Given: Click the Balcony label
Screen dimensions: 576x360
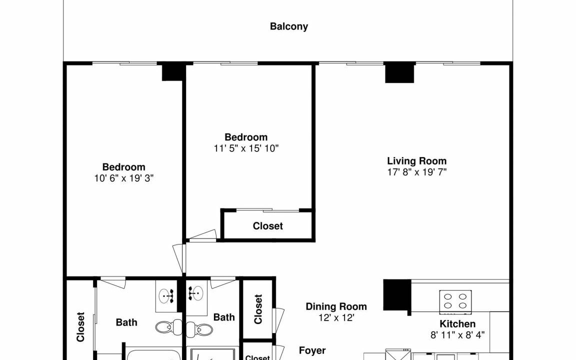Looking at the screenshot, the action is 288,26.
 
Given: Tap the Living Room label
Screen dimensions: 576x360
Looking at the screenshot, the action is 416,161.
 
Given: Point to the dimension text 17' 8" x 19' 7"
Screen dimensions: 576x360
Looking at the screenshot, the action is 417,172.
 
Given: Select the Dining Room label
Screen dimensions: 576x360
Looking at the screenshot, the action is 336,306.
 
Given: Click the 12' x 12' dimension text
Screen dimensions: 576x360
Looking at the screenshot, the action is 336,317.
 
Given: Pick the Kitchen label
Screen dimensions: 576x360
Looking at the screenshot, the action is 457,323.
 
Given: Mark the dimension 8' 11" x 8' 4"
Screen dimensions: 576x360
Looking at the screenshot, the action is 457,334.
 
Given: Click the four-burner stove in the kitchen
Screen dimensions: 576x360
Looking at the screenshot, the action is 455,301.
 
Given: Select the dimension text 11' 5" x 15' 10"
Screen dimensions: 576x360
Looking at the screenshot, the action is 246,148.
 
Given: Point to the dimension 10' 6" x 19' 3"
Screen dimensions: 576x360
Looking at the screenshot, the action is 124,178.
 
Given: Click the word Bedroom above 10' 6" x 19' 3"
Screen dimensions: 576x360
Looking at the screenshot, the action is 124,167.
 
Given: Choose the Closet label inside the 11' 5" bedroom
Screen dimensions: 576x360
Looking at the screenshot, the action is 268,226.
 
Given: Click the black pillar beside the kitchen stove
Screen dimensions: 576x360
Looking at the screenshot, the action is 397,295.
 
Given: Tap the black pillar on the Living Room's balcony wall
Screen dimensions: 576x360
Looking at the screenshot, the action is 399,72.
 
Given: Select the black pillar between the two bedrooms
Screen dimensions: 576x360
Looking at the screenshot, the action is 173,72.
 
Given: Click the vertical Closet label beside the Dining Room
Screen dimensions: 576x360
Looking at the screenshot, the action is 258,309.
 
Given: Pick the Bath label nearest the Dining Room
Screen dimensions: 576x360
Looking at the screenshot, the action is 224,317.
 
